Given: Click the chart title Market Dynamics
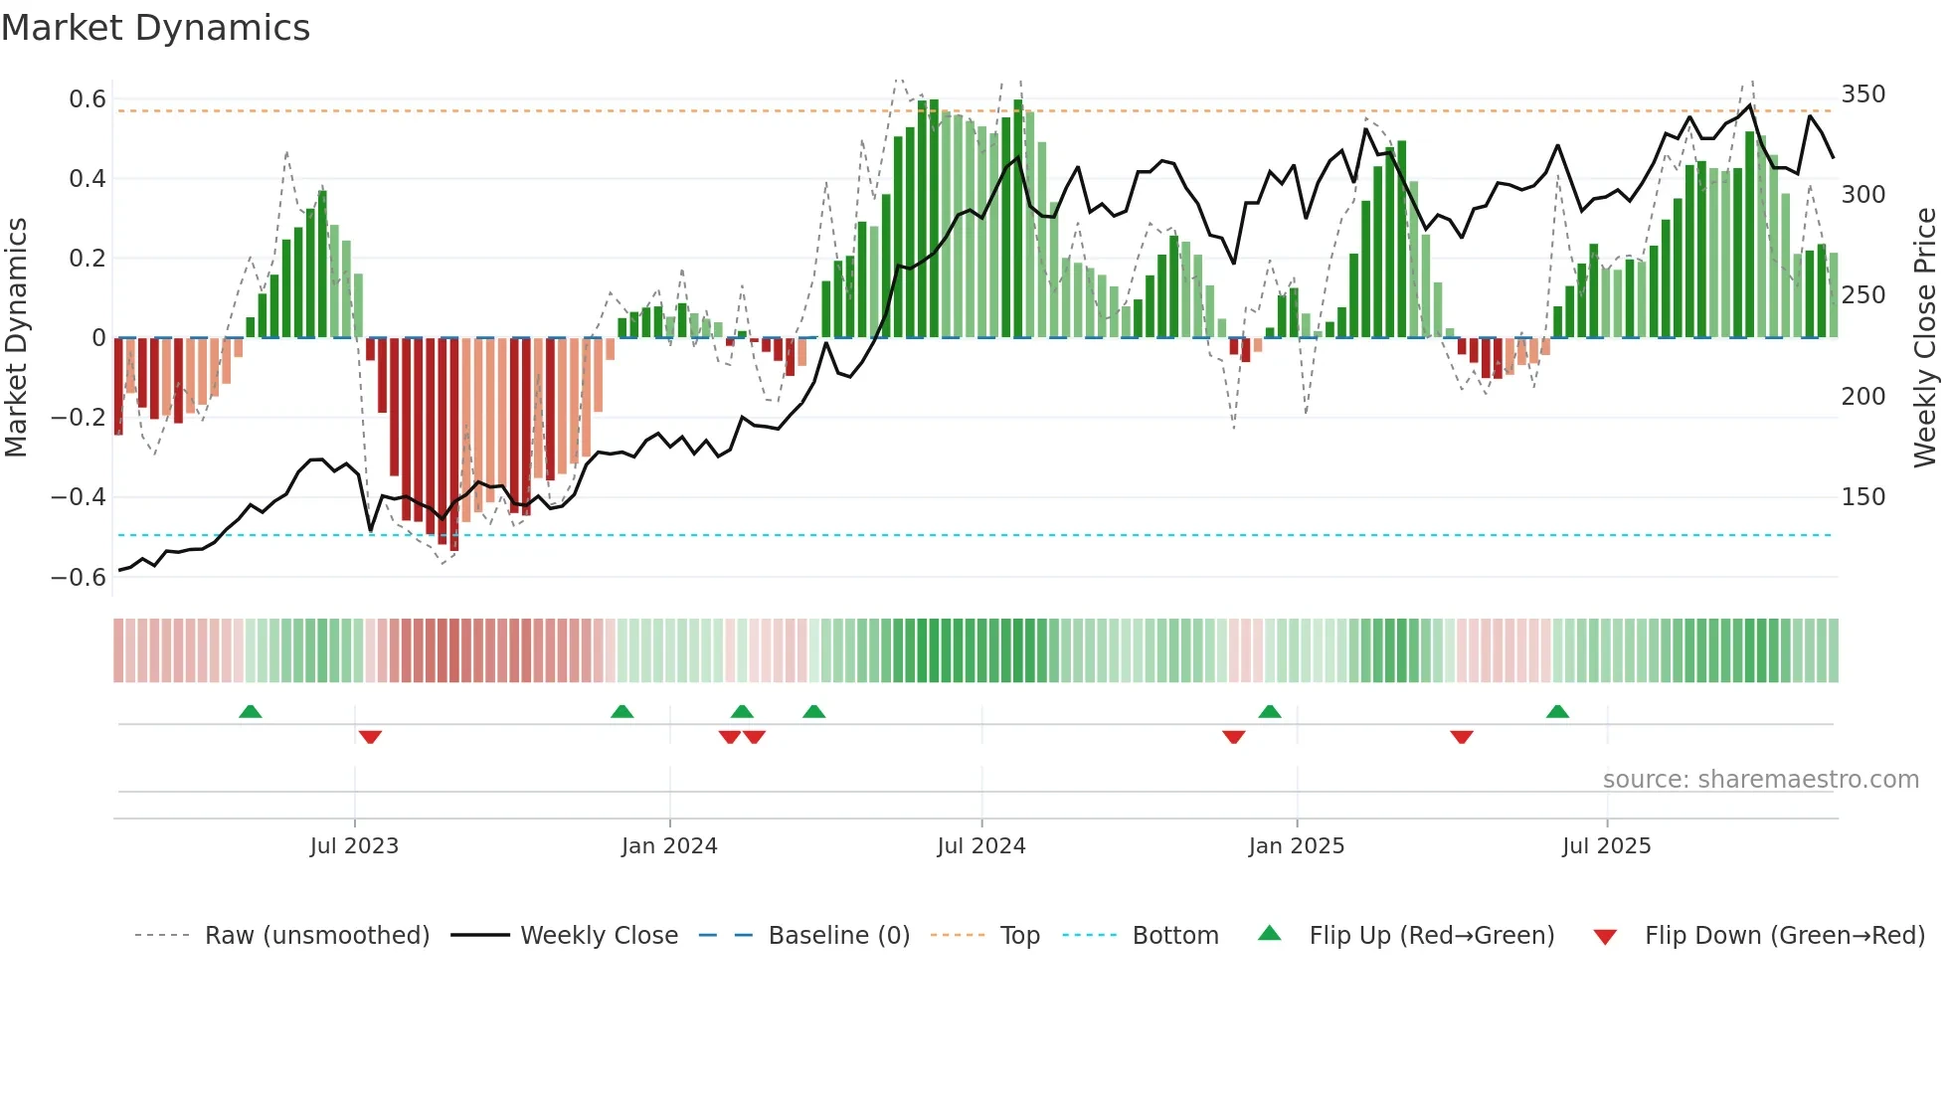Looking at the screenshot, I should (x=155, y=28).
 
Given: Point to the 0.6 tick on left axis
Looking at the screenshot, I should (x=88, y=99).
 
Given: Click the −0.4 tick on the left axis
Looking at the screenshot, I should (x=80, y=496).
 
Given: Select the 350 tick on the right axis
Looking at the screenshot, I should (x=1862, y=94).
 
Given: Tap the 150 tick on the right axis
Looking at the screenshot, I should (x=1862, y=496).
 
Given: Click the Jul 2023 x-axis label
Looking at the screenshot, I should (x=354, y=845).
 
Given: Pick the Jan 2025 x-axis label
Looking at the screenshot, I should (x=1296, y=845).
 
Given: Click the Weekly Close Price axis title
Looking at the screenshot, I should (x=1925, y=338).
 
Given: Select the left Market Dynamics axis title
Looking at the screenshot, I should (x=16, y=338).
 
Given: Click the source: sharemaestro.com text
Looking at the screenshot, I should (x=1760, y=779).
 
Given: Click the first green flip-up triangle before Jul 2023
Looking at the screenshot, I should (x=251, y=712).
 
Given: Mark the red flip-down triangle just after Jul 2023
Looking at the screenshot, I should (x=370, y=737).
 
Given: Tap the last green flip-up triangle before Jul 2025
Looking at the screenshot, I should (x=1557, y=712).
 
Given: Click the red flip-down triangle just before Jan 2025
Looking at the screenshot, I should (x=1233, y=737).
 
